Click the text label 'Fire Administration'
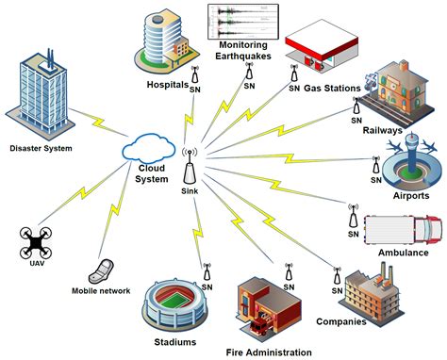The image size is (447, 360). click(269, 352)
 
